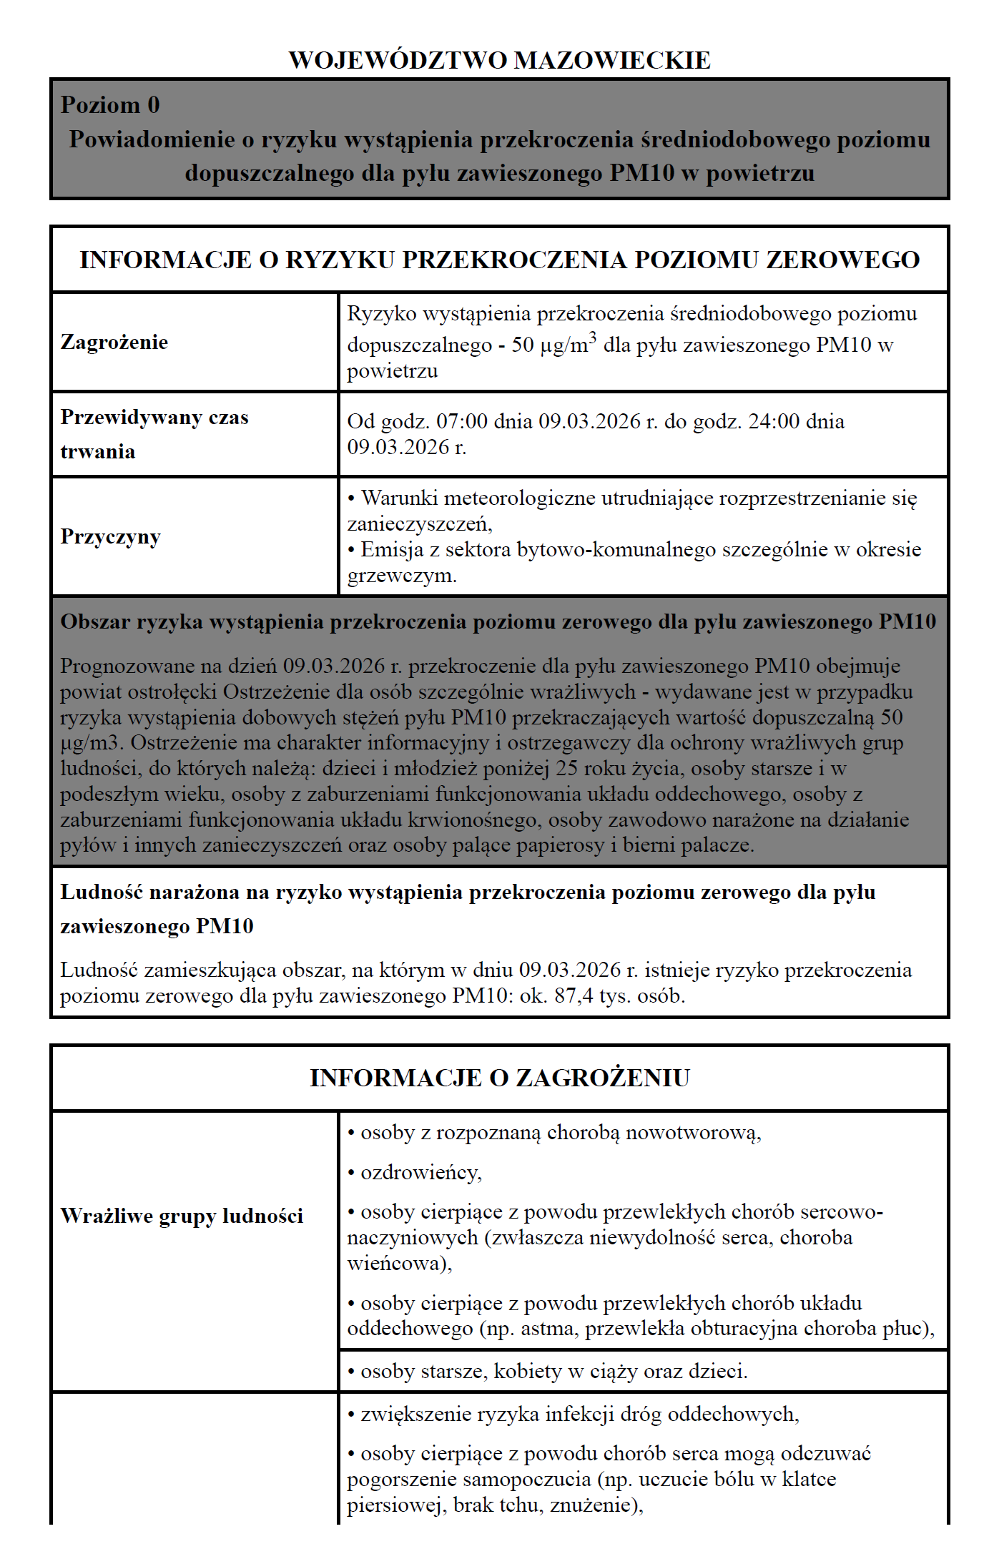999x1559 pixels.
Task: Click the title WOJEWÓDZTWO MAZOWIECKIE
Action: click(499, 60)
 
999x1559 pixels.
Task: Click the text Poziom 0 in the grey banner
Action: click(110, 105)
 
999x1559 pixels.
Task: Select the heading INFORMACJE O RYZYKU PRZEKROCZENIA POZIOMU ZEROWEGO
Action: click(499, 260)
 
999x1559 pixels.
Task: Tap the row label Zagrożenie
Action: click(114, 342)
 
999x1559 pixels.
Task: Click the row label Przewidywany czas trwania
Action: click(154, 434)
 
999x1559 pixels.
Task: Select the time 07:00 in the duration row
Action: click(462, 421)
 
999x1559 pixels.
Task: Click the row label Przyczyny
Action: click(111, 536)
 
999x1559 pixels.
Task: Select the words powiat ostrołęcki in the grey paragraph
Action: click(139, 692)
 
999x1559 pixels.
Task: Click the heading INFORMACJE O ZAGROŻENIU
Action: click(499, 1078)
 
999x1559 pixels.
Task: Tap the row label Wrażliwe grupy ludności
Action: click(182, 1216)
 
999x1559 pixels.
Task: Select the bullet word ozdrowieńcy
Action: click(420, 1173)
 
